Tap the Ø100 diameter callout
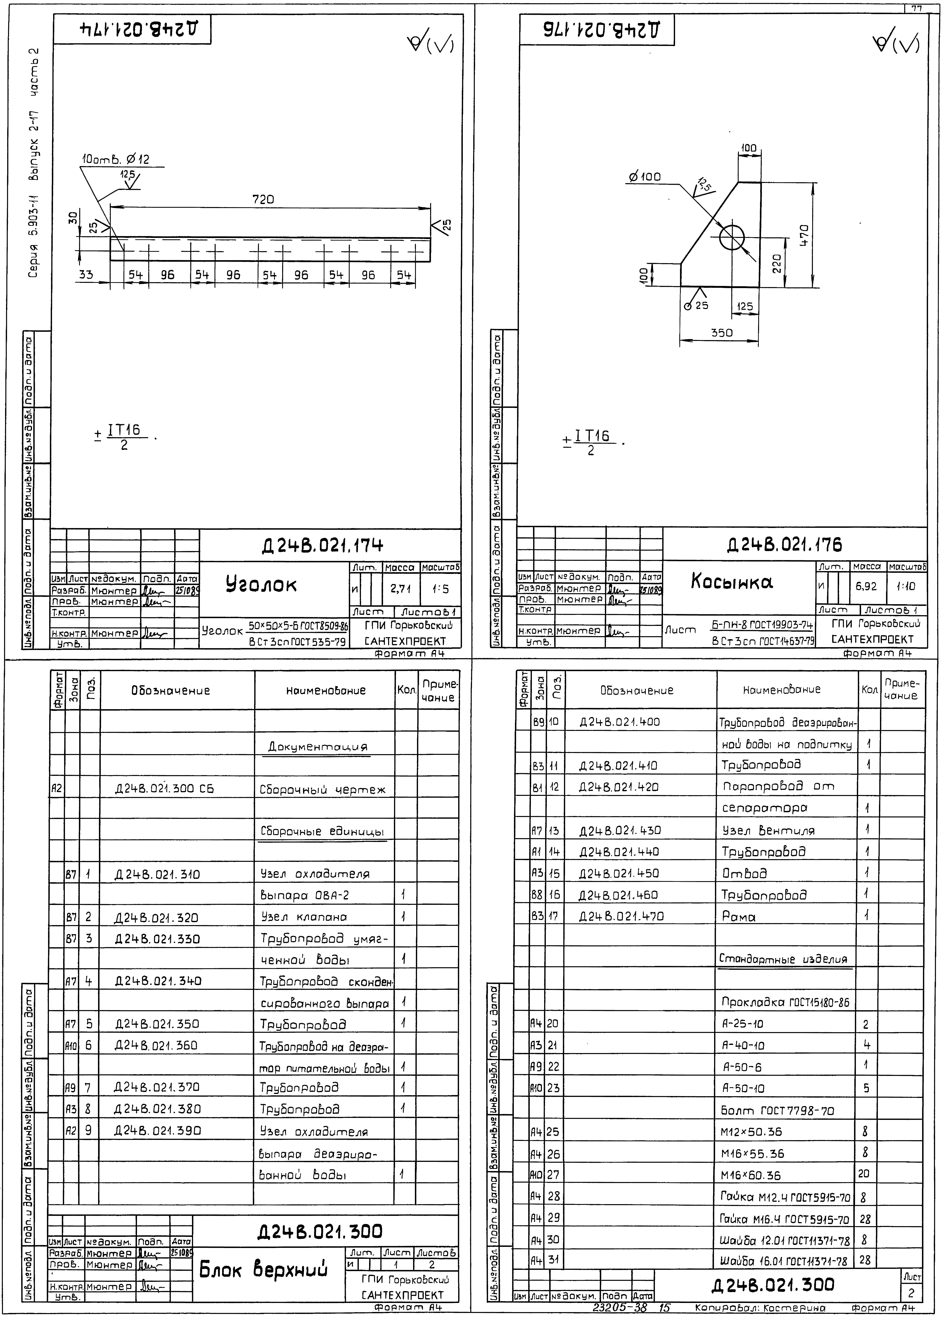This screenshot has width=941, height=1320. click(x=645, y=177)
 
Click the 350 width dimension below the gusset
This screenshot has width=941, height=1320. click(x=721, y=333)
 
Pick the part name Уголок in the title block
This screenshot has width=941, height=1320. click(x=261, y=584)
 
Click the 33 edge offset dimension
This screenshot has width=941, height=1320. click(x=86, y=275)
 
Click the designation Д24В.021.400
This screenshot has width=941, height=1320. click(x=619, y=722)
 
